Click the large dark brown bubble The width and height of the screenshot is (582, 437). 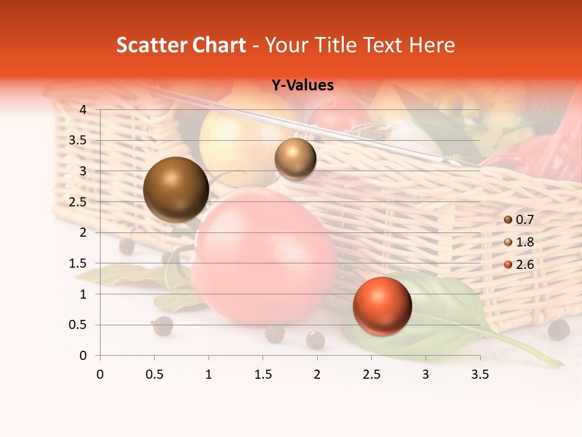pyautogui.click(x=176, y=189)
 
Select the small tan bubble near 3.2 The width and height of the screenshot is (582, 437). pyautogui.click(x=295, y=158)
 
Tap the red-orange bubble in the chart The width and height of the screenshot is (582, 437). pyautogui.click(x=382, y=307)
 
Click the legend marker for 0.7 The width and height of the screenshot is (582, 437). pyautogui.click(x=508, y=220)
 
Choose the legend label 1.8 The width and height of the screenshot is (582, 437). pyautogui.click(x=525, y=242)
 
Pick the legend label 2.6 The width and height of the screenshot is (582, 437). pyautogui.click(x=525, y=265)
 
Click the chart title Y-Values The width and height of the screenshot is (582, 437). pyautogui.click(x=302, y=86)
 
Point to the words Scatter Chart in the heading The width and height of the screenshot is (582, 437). pyautogui.click(x=181, y=45)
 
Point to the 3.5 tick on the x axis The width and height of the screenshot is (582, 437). pyautogui.click(x=480, y=374)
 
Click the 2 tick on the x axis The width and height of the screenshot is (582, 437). pyautogui.click(x=317, y=374)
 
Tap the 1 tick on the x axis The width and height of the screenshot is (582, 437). pyautogui.click(x=209, y=374)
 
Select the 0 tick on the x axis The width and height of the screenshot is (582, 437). pyautogui.click(x=100, y=374)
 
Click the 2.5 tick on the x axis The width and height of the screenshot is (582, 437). pyautogui.click(x=371, y=374)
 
